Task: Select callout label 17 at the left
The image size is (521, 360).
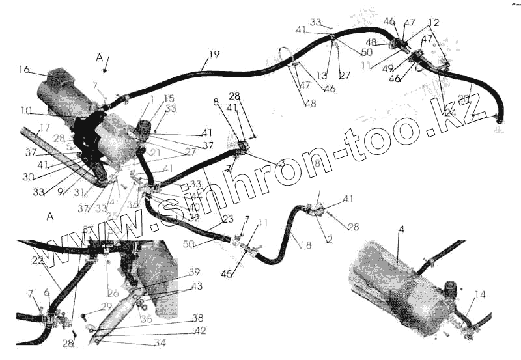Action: (x=45, y=128)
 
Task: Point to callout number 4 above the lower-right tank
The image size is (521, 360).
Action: (x=402, y=230)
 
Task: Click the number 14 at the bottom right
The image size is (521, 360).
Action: (x=480, y=295)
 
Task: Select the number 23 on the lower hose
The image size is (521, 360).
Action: (x=228, y=219)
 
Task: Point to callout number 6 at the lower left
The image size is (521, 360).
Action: (x=46, y=294)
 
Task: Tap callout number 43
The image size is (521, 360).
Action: (x=196, y=286)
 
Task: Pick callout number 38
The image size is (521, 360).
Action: (x=197, y=319)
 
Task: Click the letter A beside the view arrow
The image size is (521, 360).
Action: (x=99, y=58)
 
